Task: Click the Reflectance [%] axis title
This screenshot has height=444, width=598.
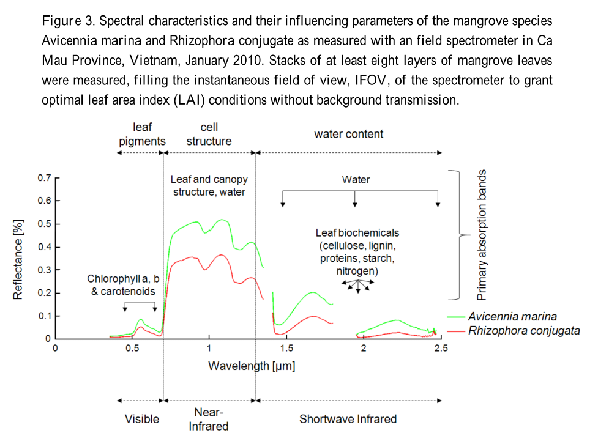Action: tap(18, 257)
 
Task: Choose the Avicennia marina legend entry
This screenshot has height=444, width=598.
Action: tap(512, 317)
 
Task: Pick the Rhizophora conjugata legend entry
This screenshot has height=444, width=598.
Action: tap(523, 331)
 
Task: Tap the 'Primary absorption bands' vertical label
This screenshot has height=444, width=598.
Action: tap(482, 235)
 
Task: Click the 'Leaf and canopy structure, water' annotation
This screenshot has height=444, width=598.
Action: tap(209, 185)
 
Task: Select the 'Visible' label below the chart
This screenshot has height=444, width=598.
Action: tap(142, 419)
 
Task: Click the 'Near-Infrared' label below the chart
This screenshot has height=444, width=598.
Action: tap(209, 419)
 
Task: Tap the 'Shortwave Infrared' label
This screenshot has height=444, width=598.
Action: tap(348, 419)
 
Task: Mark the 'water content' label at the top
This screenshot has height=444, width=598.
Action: tap(348, 134)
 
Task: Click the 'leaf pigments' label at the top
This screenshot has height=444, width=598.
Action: tap(142, 134)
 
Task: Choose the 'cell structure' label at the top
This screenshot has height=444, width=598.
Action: tap(209, 134)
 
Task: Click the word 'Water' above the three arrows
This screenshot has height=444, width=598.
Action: tap(356, 180)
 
